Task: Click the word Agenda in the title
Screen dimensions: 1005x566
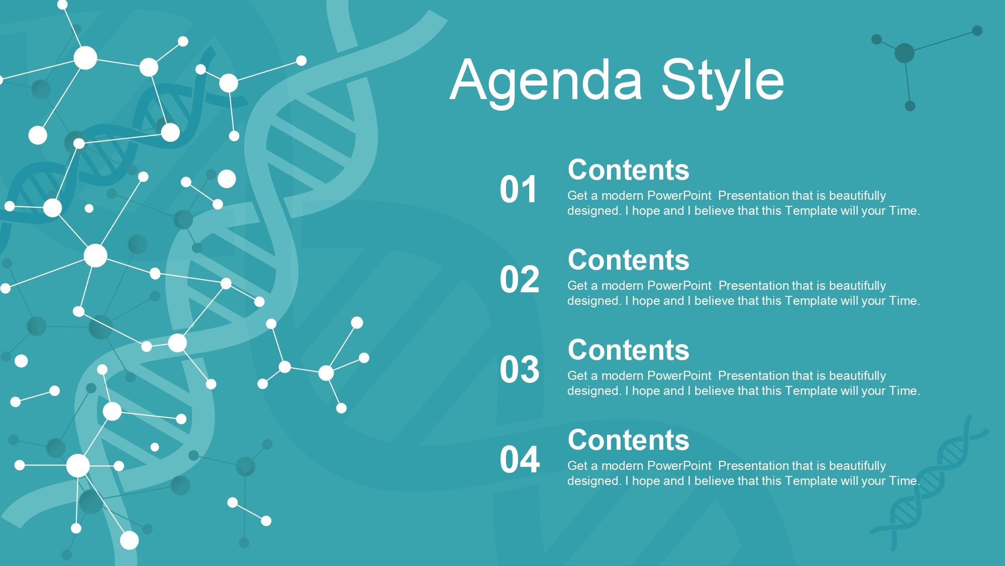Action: pos(546,80)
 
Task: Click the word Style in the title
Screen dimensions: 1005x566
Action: pos(722,80)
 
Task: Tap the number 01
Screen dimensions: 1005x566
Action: pos(519,190)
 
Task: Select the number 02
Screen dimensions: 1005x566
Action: pos(519,280)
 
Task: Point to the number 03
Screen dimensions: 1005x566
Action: pos(519,370)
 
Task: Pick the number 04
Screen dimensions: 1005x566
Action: pos(520,460)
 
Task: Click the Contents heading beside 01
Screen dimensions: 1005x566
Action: pos(629,170)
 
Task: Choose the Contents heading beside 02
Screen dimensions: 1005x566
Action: pos(629,260)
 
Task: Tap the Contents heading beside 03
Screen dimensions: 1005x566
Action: pos(629,350)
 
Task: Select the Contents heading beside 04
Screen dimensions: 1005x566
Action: pos(629,440)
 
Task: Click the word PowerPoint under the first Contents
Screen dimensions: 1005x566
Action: pos(679,195)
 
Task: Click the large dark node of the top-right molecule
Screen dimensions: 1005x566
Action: pos(904,53)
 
